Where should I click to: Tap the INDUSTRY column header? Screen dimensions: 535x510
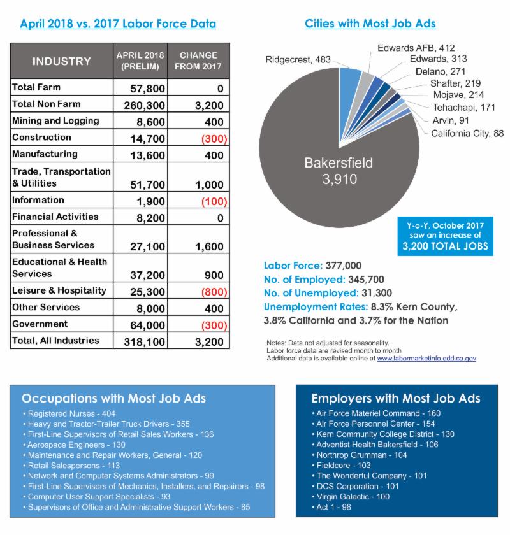62,62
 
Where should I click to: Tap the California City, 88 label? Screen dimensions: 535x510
467,133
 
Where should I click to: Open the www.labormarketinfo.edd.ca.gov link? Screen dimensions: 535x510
426,359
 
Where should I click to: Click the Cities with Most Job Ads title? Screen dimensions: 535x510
370,24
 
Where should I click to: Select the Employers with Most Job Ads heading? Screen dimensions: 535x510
396,399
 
